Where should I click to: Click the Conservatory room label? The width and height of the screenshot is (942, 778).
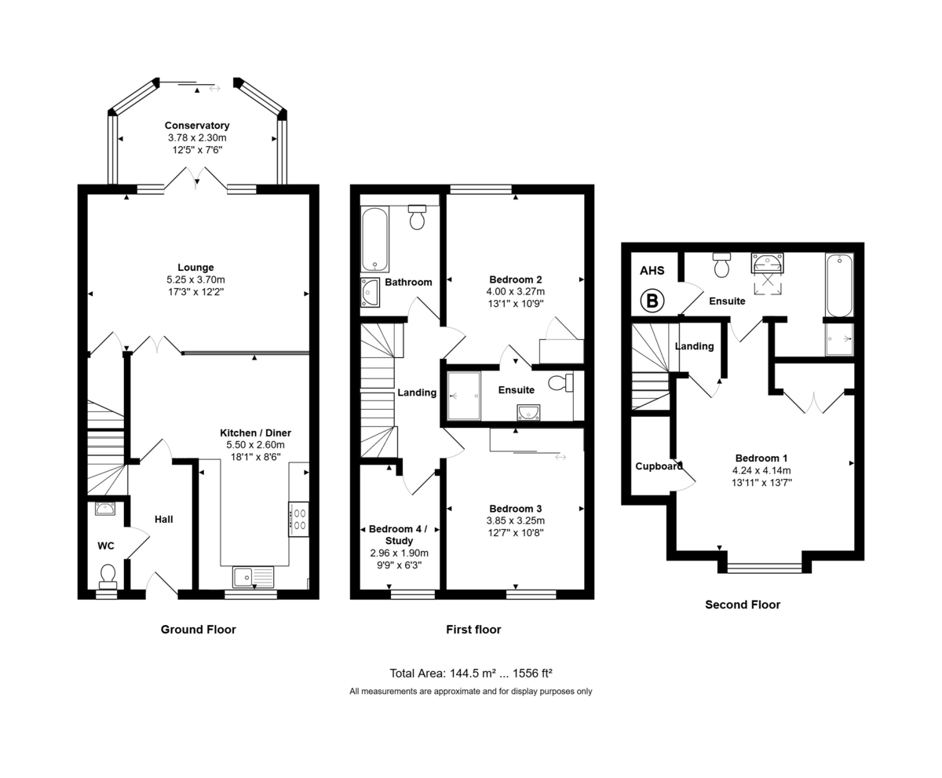[197, 126]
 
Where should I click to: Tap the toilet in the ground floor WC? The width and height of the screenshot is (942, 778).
[108, 575]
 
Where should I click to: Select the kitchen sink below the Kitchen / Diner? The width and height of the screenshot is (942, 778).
[253, 577]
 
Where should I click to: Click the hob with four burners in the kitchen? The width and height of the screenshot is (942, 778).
[298, 519]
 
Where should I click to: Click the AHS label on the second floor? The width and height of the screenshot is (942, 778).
[652, 271]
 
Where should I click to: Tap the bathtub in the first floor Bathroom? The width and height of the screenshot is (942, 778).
[374, 239]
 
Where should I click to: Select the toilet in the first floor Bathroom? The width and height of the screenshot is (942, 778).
[417, 217]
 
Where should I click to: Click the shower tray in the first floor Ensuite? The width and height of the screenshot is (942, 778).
[463, 396]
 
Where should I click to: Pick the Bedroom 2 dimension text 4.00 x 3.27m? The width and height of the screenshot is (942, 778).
[516, 291]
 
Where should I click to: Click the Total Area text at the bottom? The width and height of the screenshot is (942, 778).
[471, 674]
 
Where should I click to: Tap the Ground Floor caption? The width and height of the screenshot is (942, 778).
[198, 629]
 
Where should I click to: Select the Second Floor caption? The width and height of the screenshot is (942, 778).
[743, 605]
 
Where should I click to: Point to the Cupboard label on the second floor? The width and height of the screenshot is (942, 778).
[659, 466]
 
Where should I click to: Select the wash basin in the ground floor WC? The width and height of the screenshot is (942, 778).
[105, 509]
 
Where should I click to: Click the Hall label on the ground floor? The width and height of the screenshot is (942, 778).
[163, 519]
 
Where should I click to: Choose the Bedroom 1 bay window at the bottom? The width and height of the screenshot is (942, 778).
[765, 567]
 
